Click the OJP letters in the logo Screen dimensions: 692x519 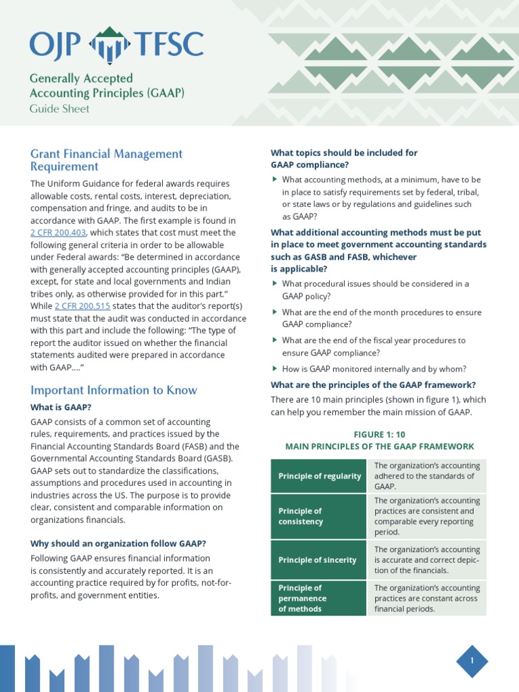[x=55, y=45]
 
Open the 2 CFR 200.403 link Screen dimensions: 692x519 [x=58, y=232]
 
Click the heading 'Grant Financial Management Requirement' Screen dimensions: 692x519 [x=106, y=160]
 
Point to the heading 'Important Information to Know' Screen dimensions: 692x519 [x=114, y=390]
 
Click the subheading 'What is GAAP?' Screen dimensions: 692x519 [x=61, y=407]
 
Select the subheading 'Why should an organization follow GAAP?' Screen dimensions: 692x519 [x=118, y=543]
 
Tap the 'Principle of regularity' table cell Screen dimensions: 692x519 [x=319, y=476]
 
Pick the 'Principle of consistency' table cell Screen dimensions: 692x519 [x=319, y=516]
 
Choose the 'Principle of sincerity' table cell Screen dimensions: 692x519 [x=319, y=560]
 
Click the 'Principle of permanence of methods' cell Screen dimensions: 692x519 [x=319, y=598]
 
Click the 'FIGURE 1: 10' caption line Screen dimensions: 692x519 [x=379, y=434]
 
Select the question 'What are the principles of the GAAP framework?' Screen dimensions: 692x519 [x=374, y=385]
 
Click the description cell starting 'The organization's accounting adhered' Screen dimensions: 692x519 [x=426, y=476]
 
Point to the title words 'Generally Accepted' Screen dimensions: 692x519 [x=81, y=78]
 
